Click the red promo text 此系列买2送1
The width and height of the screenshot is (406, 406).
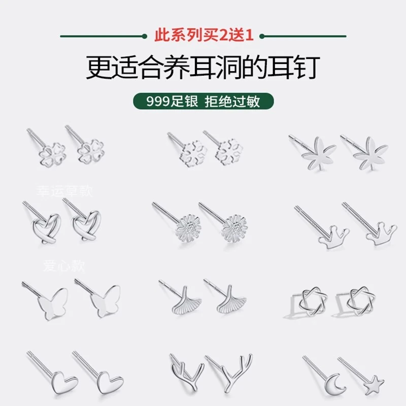[x=203, y=36]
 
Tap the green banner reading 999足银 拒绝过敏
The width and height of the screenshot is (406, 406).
[x=203, y=101]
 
